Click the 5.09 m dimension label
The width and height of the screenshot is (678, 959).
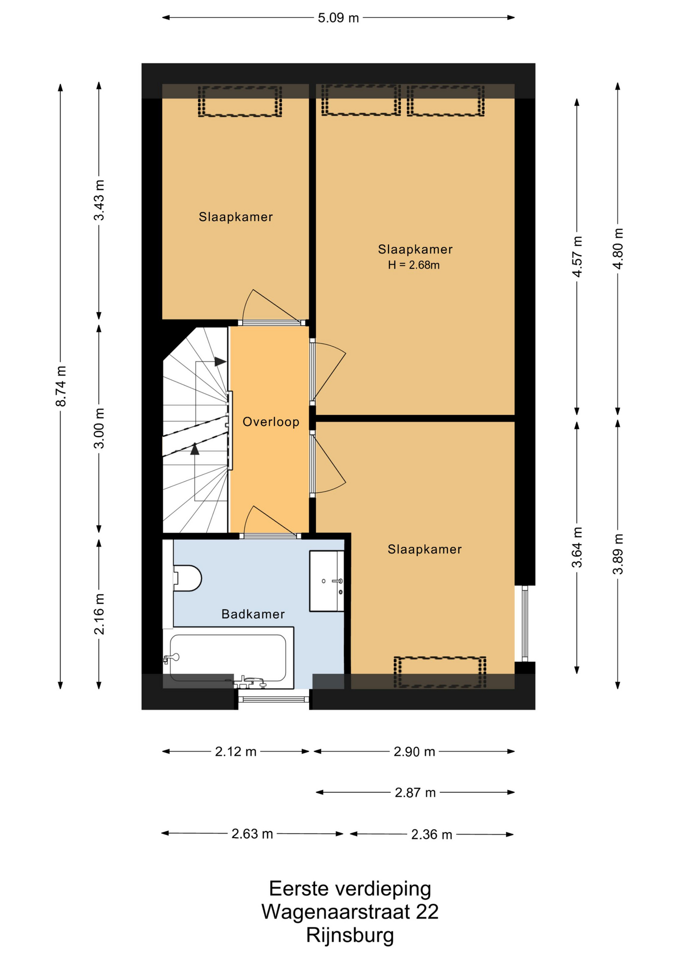click(338, 18)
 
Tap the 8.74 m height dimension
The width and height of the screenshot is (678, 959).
click(61, 386)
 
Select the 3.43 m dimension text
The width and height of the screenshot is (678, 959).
click(99, 200)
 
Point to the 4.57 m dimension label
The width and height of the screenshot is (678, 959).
click(577, 256)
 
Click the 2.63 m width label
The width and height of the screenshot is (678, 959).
click(252, 834)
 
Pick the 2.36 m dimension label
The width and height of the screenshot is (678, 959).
click(431, 834)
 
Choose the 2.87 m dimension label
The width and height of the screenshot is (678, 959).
click(415, 792)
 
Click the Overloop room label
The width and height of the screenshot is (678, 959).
click(271, 422)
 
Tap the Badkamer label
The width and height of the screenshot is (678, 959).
click(253, 614)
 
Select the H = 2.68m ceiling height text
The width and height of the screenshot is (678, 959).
click(414, 265)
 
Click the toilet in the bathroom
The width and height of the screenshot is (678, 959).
click(187, 578)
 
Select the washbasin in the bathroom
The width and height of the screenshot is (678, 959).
click(327, 581)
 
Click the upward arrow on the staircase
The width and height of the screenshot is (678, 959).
click(195, 449)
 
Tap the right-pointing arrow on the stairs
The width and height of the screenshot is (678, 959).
click(220, 361)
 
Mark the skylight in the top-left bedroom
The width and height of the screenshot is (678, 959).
click(240, 101)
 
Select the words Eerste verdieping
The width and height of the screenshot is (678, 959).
click(350, 889)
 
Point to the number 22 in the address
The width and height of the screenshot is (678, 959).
click(427, 912)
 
